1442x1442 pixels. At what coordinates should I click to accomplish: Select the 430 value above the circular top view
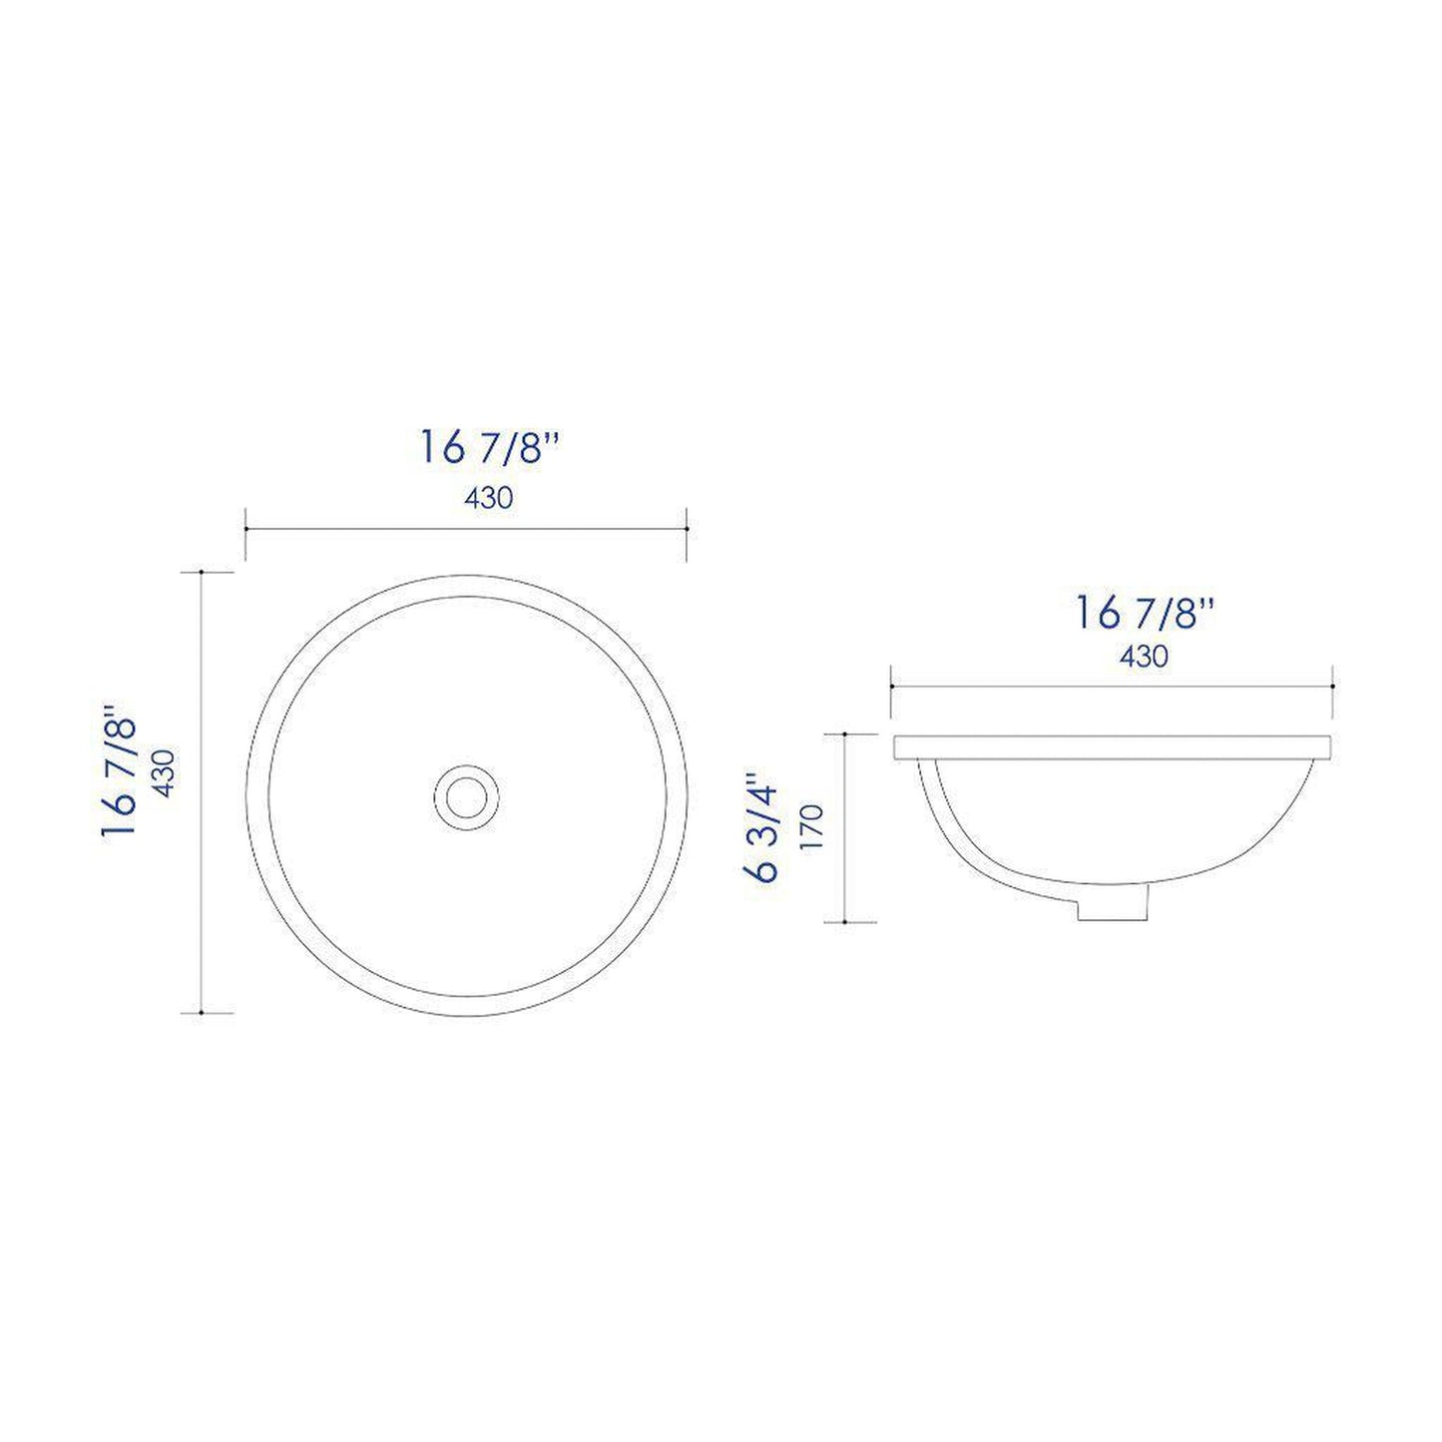(x=488, y=497)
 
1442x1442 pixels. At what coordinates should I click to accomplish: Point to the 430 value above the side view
(x=1144, y=656)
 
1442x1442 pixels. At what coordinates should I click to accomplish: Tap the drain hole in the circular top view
(x=465, y=793)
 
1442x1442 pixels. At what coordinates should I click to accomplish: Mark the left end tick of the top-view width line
(x=245, y=529)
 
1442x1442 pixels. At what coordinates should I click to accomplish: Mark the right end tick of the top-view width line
(x=687, y=529)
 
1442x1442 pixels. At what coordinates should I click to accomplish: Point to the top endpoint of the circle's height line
(x=203, y=572)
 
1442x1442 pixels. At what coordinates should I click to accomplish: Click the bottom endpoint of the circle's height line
(x=203, y=1013)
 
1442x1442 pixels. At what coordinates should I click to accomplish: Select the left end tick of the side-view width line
(x=891, y=687)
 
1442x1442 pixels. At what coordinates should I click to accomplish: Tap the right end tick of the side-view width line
(x=1333, y=687)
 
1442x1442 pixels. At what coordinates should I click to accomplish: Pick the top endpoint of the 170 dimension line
(x=845, y=733)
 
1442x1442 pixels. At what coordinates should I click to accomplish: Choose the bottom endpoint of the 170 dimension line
(x=845, y=922)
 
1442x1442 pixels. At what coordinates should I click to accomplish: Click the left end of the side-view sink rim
(x=897, y=747)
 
